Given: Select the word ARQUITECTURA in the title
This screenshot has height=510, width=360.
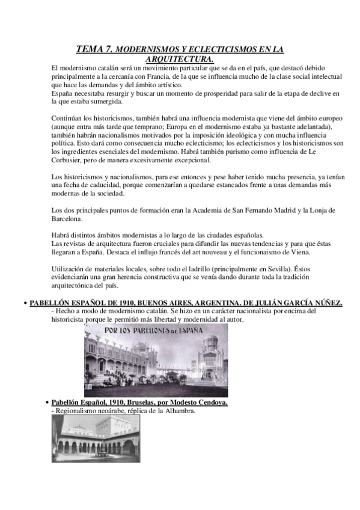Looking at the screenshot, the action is point(179,59).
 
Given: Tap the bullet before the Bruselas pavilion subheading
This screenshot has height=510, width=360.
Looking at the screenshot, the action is point(47,401).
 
